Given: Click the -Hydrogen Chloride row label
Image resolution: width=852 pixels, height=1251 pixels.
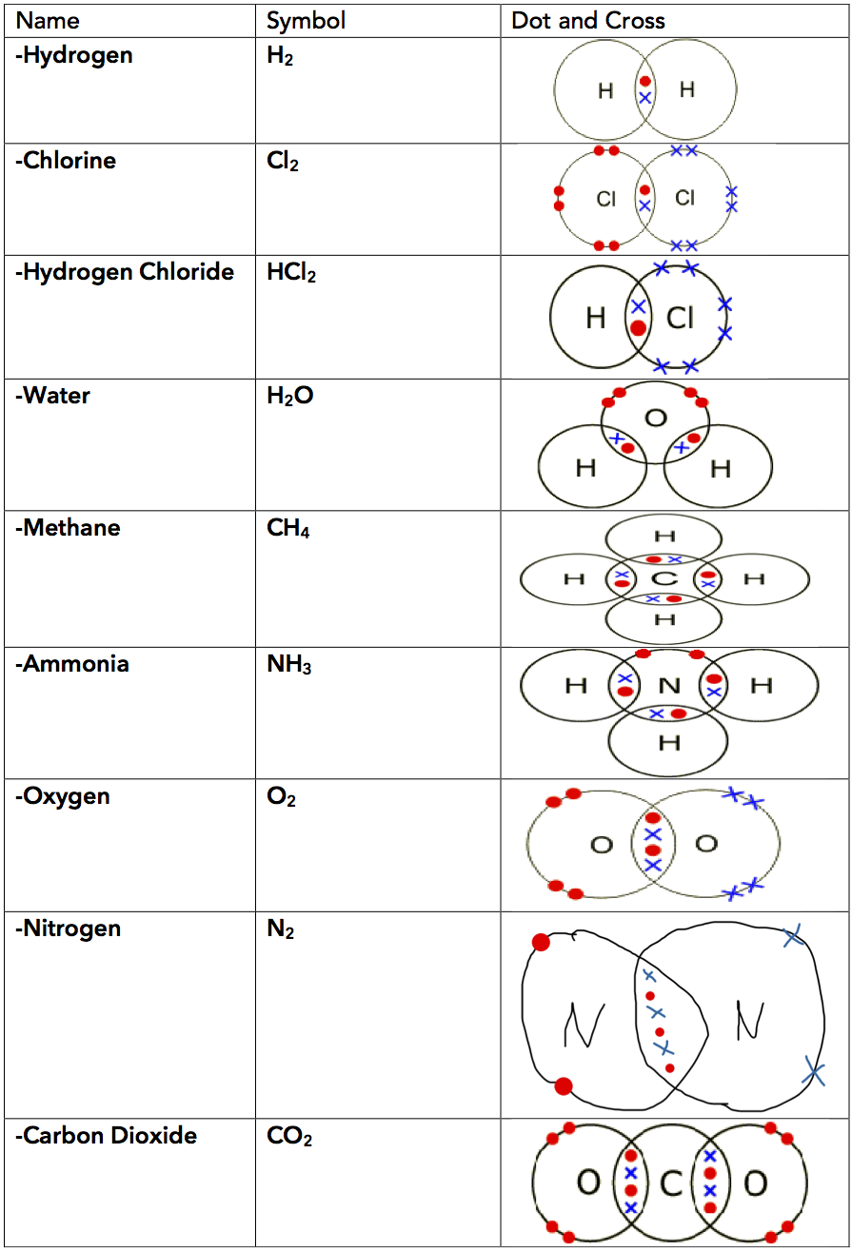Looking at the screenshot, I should (x=125, y=272).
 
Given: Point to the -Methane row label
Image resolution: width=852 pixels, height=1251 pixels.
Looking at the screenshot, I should (x=68, y=528).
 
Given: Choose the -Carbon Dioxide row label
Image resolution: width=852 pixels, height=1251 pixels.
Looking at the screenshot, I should (x=107, y=1135).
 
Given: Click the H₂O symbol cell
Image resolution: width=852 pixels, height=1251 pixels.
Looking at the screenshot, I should (x=290, y=396).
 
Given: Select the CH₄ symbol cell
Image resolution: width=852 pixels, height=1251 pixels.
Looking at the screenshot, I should (x=288, y=529).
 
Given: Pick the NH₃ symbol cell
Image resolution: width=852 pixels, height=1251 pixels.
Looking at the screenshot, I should (x=289, y=665).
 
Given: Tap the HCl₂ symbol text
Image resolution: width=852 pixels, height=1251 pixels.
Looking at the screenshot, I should (x=291, y=274).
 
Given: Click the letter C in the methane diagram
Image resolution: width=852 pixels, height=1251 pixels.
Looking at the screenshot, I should (x=664, y=578).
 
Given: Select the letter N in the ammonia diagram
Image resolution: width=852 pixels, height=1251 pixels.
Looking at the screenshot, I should (x=669, y=685).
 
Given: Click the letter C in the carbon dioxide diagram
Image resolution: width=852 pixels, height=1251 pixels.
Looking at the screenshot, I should (x=671, y=1184).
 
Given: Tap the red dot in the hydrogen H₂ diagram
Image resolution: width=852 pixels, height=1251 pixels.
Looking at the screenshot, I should (x=645, y=82).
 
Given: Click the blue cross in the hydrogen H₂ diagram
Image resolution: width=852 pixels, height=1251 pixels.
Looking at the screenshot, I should (x=645, y=98).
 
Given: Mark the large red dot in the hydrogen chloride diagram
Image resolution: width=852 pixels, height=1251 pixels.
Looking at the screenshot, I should (x=638, y=328).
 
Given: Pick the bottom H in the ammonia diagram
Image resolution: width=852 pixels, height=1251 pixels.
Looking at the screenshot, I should (x=669, y=743).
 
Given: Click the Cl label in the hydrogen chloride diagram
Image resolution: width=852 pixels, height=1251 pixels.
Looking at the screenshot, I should (x=680, y=318).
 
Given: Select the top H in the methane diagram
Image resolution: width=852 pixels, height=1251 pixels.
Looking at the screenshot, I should (x=664, y=538).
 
